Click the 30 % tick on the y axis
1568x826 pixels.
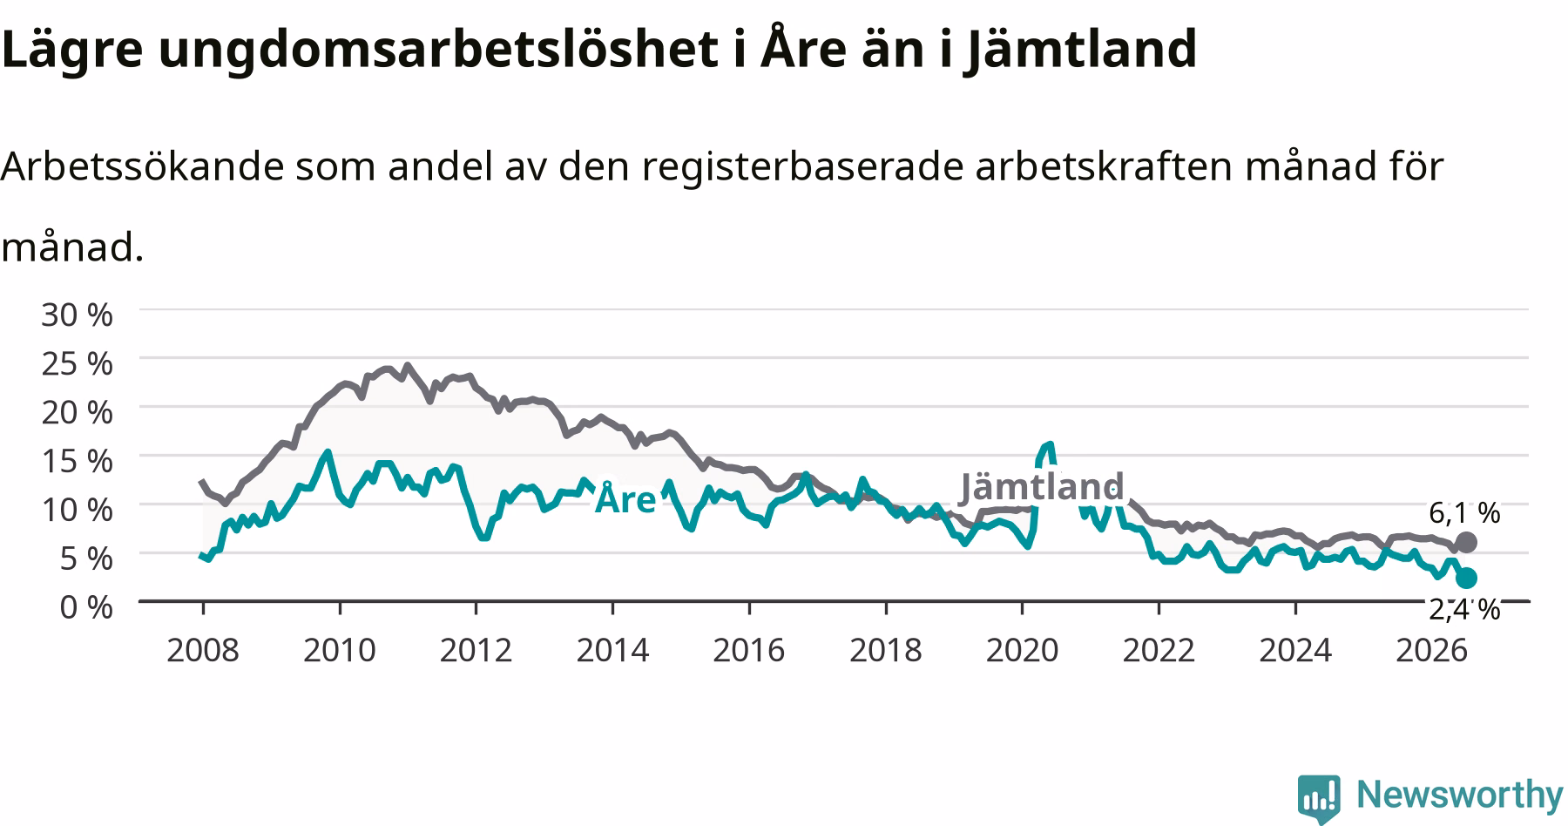(77, 315)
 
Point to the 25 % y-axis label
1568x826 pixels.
(77, 363)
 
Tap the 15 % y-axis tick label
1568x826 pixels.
(77, 461)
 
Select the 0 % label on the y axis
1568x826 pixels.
(86, 606)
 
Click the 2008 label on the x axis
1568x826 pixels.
(203, 650)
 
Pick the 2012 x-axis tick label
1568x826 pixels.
(476, 650)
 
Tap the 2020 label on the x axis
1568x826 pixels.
(1022, 650)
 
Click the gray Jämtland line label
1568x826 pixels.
(1042, 487)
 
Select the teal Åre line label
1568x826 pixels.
(625, 498)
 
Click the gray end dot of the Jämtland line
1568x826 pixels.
(1466, 542)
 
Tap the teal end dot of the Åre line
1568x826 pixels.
(1466, 578)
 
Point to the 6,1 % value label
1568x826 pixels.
(1464, 513)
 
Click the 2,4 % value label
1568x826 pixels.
(1464, 609)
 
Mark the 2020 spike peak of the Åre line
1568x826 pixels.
(1050, 444)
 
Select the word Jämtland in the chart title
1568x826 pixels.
(1079, 49)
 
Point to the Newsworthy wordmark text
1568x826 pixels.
(1460, 795)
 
